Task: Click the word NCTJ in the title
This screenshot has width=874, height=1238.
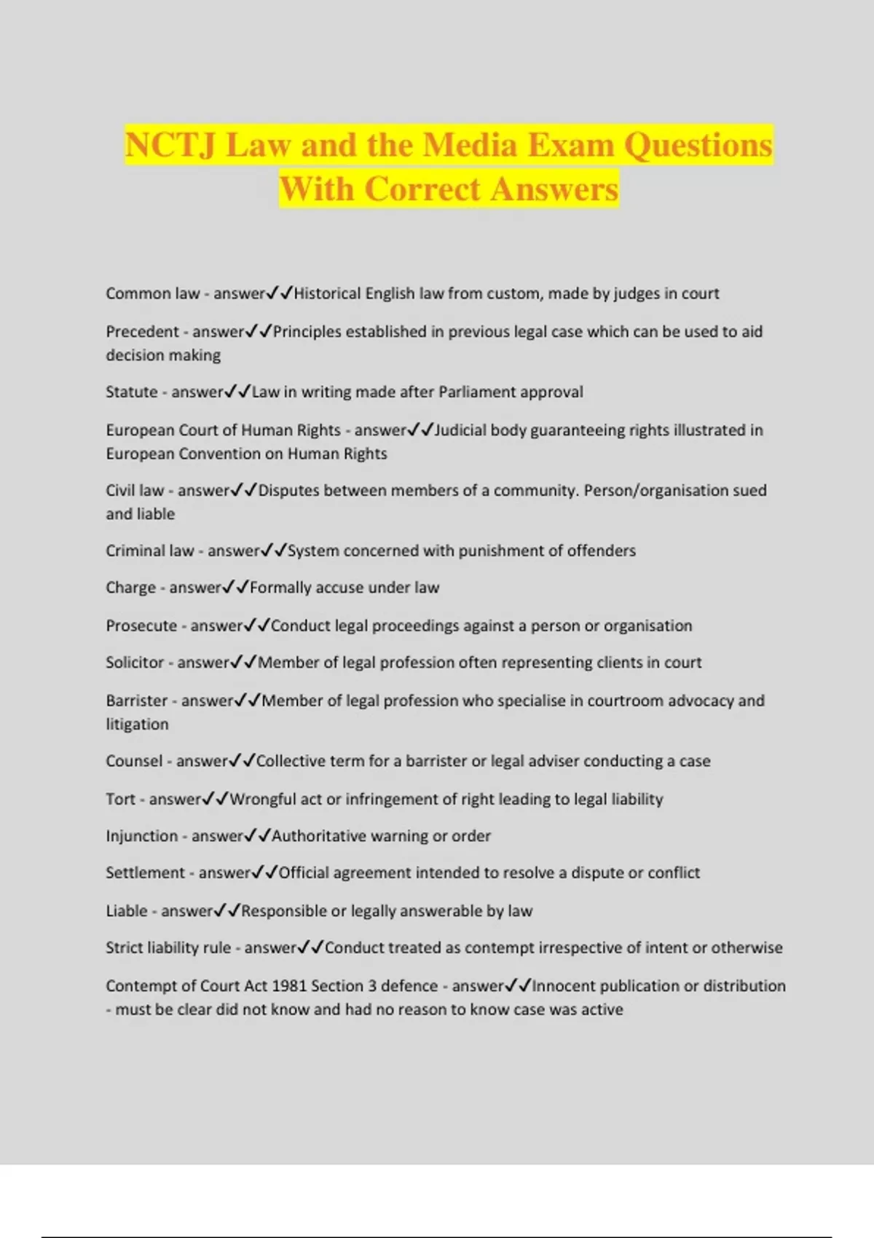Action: tap(170, 145)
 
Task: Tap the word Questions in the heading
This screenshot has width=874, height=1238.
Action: tap(698, 145)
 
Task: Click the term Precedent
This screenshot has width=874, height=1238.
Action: tap(142, 332)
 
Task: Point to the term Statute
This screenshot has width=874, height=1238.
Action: tap(131, 393)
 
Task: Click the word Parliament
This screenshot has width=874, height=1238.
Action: tap(477, 393)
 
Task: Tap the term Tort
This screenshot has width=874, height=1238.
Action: tap(120, 800)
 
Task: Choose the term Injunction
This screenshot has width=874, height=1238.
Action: tap(141, 836)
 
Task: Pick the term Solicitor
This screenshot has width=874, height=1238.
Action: tap(135, 663)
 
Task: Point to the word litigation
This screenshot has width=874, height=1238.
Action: tap(137, 725)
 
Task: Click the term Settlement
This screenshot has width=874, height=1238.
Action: tap(145, 873)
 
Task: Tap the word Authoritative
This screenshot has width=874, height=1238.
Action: tap(319, 836)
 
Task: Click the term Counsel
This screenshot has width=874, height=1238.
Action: tap(134, 761)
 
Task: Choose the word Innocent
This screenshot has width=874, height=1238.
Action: tap(567, 986)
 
